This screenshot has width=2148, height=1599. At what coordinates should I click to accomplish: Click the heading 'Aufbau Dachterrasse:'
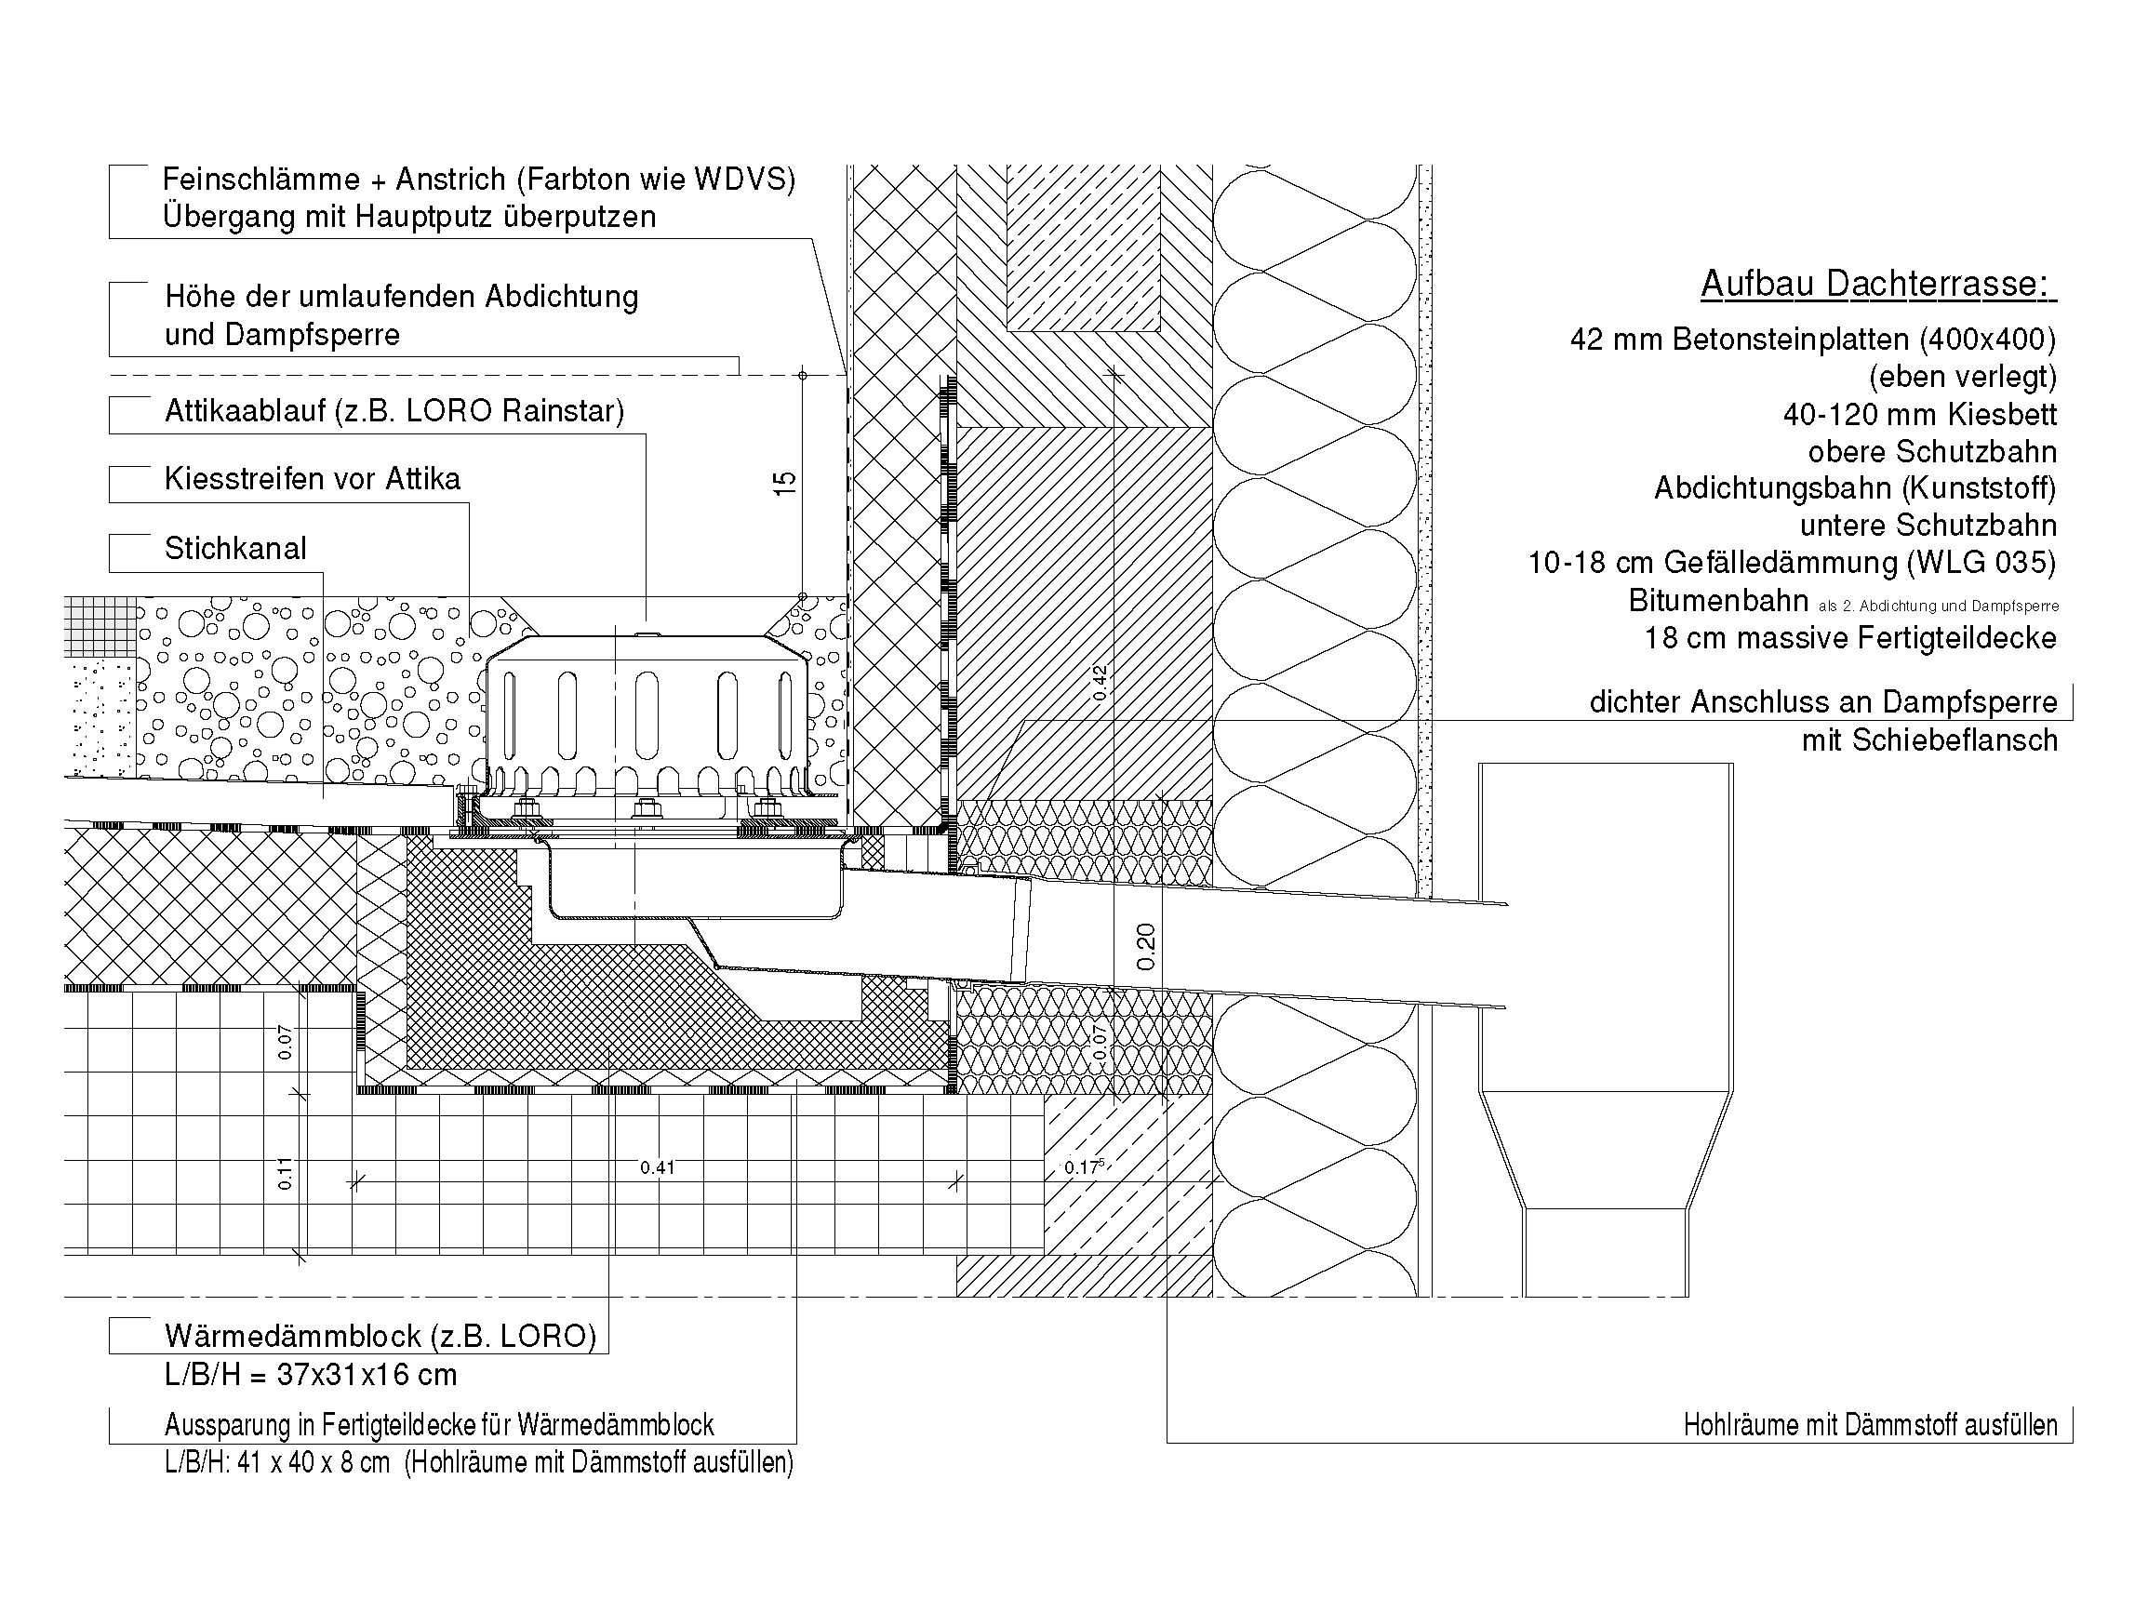[x=1878, y=284]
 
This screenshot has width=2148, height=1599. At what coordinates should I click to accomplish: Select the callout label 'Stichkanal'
[x=235, y=549]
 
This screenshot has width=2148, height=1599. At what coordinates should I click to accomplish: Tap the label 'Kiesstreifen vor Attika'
[x=312, y=479]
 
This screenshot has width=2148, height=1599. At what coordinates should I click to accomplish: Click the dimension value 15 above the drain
[x=784, y=483]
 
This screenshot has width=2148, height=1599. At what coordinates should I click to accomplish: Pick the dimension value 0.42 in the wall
[x=1100, y=683]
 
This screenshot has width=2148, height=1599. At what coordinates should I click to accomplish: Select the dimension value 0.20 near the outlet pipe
[x=1145, y=946]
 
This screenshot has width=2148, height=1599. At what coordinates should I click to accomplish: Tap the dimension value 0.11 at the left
[x=285, y=1174]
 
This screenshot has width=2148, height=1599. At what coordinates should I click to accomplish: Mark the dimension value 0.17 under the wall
[x=1084, y=1167]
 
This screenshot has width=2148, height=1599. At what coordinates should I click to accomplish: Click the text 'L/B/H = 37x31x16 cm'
[x=311, y=1375]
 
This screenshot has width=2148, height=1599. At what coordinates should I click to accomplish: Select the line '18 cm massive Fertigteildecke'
[x=1850, y=638]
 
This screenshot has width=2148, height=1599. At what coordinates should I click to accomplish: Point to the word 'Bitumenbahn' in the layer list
[x=1718, y=600]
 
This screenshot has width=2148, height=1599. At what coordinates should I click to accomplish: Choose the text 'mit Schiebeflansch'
[x=1928, y=740]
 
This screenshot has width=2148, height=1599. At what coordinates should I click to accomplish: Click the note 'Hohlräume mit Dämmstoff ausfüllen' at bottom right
[x=1870, y=1425]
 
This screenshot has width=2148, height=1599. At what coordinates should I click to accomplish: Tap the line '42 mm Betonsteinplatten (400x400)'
[x=1813, y=340]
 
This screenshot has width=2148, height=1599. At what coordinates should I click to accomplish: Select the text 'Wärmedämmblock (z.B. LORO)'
[x=380, y=1337]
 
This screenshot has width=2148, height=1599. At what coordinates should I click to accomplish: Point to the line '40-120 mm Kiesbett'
[x=1919, y=414]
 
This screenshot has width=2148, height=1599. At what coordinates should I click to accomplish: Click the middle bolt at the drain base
[x=644, y=809]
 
